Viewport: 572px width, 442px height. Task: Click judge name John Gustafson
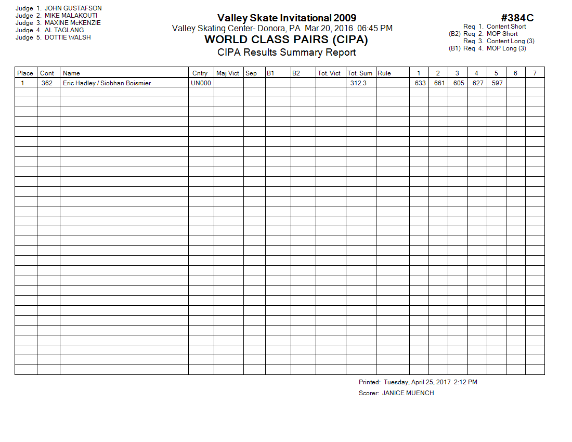(73, 8)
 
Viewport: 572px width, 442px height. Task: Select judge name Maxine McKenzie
(73, 23)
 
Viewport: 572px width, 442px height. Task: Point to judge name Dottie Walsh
(68, 37)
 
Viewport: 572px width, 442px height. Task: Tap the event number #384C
(517, 18)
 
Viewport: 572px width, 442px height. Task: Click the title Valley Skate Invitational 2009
(287, 18)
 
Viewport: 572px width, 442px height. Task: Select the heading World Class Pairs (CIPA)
(287, 40)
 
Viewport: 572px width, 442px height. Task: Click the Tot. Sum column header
(360, 73)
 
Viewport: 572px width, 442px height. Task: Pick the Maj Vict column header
(228, 73)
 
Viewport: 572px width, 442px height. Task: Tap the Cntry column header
(200, 73)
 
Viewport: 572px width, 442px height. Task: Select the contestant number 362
(47, 83)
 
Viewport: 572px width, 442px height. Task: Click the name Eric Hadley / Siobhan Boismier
(107, 83)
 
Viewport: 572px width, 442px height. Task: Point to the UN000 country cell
(201, 83)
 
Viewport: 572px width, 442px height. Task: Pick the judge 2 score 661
(439, 83)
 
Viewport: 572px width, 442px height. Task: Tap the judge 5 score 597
(497, 83)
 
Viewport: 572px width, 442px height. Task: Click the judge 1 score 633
(420, 83)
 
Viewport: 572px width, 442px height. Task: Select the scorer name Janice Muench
(408, 393)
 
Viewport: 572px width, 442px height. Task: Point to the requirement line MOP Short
(502, 34)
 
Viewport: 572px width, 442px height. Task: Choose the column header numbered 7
(535, 73)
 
